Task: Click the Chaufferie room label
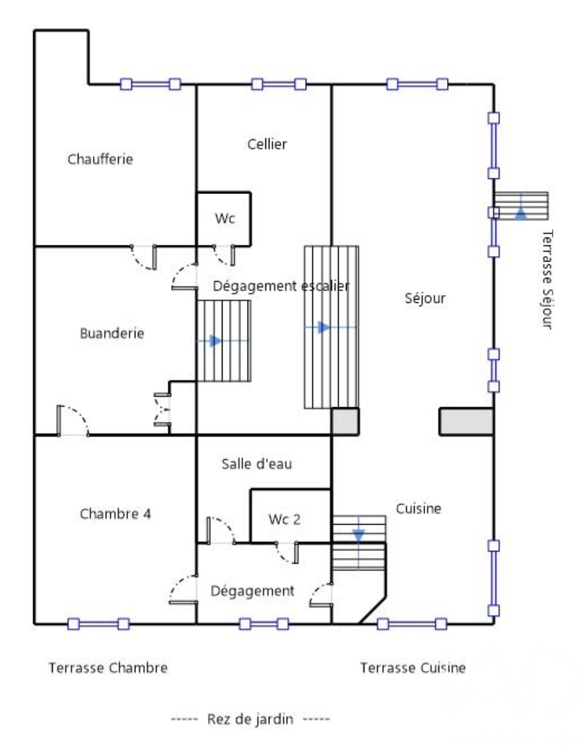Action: point(100,159)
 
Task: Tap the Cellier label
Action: point(267,144)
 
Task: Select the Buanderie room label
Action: point(112,333)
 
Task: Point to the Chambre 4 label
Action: point(116,513)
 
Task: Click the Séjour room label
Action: point(425,298)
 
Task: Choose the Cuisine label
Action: point(419,508)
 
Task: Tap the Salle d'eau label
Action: point(257,463)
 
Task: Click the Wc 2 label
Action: point(285,519)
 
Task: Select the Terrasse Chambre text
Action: point(108,667)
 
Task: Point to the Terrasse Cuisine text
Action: point(413,667)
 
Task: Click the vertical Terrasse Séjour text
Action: point(547,279)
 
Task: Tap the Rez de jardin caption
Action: point(250,719)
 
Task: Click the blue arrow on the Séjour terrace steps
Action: point(521,213)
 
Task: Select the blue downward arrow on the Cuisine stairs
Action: point(359,536)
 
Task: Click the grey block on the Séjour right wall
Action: point(466,422)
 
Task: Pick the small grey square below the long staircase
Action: point(345,422)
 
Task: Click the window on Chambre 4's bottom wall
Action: point(98,624)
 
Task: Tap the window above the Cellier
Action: point(279,84)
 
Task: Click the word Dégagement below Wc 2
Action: point(252,591)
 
